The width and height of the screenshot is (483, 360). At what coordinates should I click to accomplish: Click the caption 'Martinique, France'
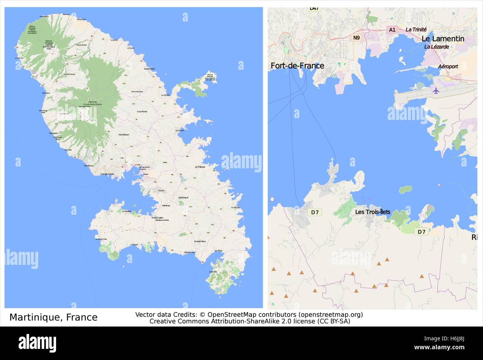53,317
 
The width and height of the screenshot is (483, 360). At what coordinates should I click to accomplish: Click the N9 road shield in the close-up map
356,38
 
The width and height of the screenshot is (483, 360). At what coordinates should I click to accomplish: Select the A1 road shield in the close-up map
392,29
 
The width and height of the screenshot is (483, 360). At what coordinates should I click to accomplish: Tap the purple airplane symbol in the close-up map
436,90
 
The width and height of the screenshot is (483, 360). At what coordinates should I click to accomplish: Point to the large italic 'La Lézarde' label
437,47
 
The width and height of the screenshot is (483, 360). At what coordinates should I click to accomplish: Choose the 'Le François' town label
200,167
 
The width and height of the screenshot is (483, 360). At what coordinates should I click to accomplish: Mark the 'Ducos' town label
161,190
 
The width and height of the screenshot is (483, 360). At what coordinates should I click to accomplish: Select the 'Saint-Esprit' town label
183,197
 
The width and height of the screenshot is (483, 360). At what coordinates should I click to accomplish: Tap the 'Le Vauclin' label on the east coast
236,207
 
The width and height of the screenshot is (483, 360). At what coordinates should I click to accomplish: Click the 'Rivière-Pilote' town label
200,241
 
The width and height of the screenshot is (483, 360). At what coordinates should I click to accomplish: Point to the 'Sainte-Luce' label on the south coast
189,253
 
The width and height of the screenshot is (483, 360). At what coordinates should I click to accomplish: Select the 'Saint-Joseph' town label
124,134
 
